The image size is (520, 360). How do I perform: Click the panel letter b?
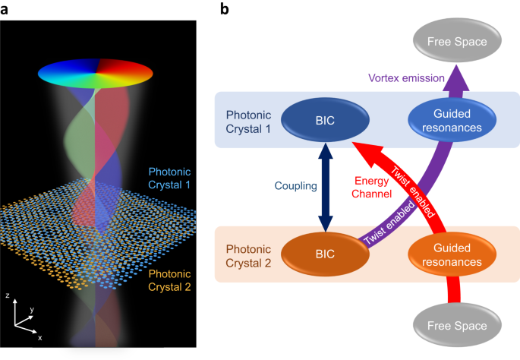pos(224,9)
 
